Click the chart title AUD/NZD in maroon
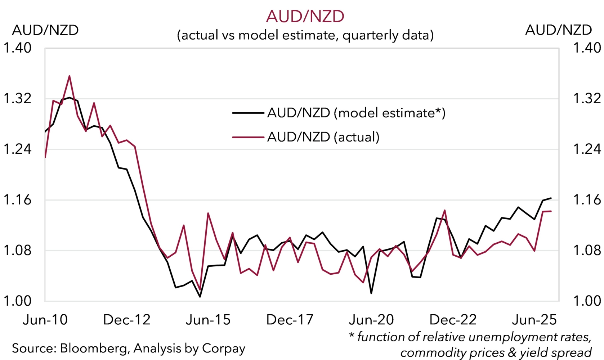coord(305,17)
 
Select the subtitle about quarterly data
coord(305,35)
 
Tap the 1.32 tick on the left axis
coord(18,99)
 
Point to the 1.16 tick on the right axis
coord(587,200)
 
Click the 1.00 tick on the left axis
coord(18,301)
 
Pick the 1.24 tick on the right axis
coord(587,149)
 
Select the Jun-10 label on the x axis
coord(45,320)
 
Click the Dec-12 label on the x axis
coord(127,320)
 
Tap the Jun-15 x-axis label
coord(208,320)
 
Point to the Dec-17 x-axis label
coord(290,320)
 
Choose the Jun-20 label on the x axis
coord(371,320)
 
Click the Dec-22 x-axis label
coord(453,320)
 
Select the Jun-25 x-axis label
coord(534,320)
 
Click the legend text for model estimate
coord(356,113)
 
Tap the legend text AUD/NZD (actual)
coord(323,137)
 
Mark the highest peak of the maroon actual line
coord(70,76)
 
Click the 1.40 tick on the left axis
coord(18,48)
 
